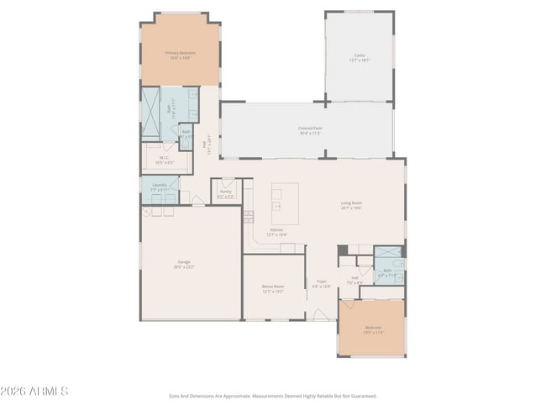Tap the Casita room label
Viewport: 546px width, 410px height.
click(359, 58)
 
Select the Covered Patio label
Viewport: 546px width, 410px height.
click(311, 130)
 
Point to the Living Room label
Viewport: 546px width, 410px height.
click(351, 205)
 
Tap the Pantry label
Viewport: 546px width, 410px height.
click(225, 193)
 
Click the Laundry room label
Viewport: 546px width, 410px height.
click(160, 188)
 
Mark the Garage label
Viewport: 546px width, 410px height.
click(184, 265)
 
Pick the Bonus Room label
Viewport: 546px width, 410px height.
click(273, 290)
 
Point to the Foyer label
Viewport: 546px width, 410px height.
click(322, 284)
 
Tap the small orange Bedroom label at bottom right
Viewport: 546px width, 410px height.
click(373, 329)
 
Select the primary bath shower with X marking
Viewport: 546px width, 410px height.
click(150, 113)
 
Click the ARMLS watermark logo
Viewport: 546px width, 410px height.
click(35, 391)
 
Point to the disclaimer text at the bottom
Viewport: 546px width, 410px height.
click(273, 395)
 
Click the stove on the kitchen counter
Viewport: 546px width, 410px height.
click(249, 216)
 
